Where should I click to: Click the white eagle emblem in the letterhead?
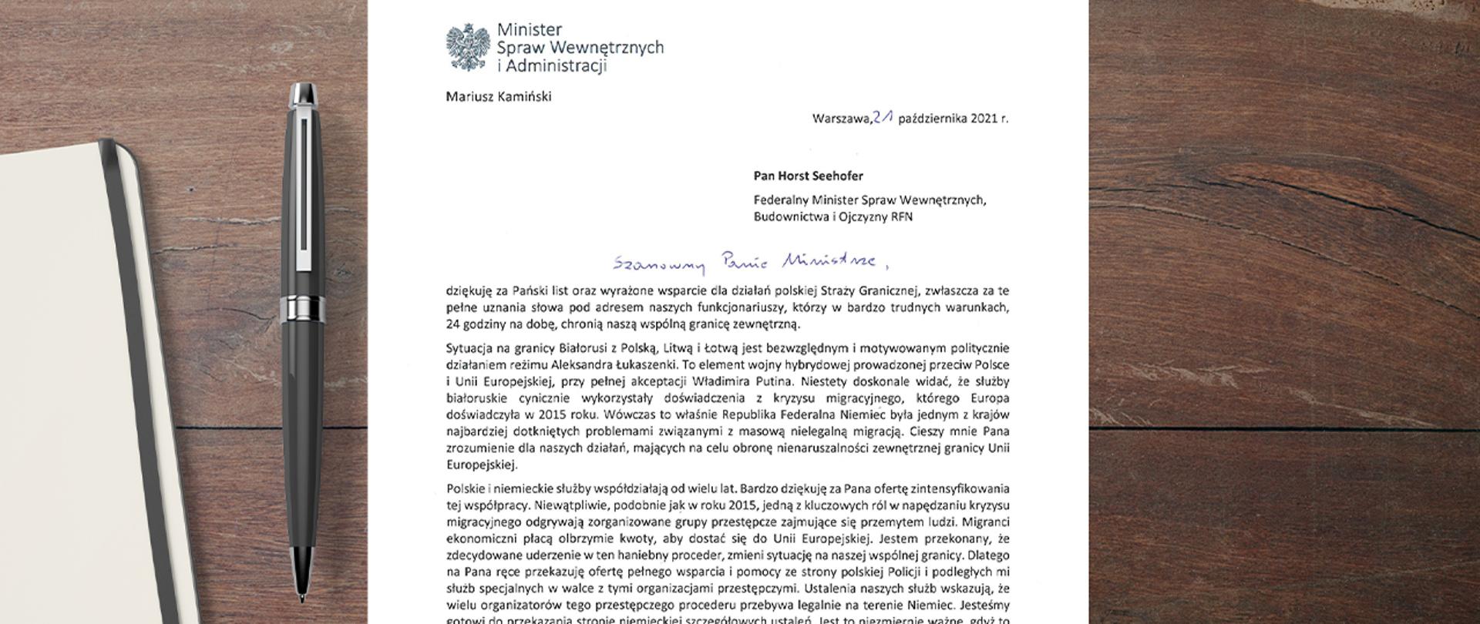click(469, 47)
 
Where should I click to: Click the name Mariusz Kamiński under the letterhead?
click(499, 97)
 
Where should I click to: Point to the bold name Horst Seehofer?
click(819, 176)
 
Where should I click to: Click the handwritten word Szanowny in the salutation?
click(659, 264)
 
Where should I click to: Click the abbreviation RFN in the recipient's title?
click(902, 216)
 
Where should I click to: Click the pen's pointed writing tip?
click(301, 598)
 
